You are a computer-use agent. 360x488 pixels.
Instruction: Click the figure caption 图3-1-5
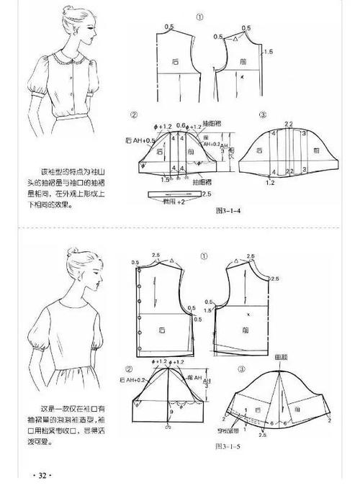click(228, 446)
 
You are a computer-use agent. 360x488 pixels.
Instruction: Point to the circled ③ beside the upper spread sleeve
click(263, 115)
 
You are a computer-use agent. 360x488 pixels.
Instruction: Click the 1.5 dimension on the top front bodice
click(268, 53)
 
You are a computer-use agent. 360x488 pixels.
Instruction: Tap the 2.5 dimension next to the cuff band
click(209, 194)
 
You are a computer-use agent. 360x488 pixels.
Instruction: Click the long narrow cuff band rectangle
click(171, 194)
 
